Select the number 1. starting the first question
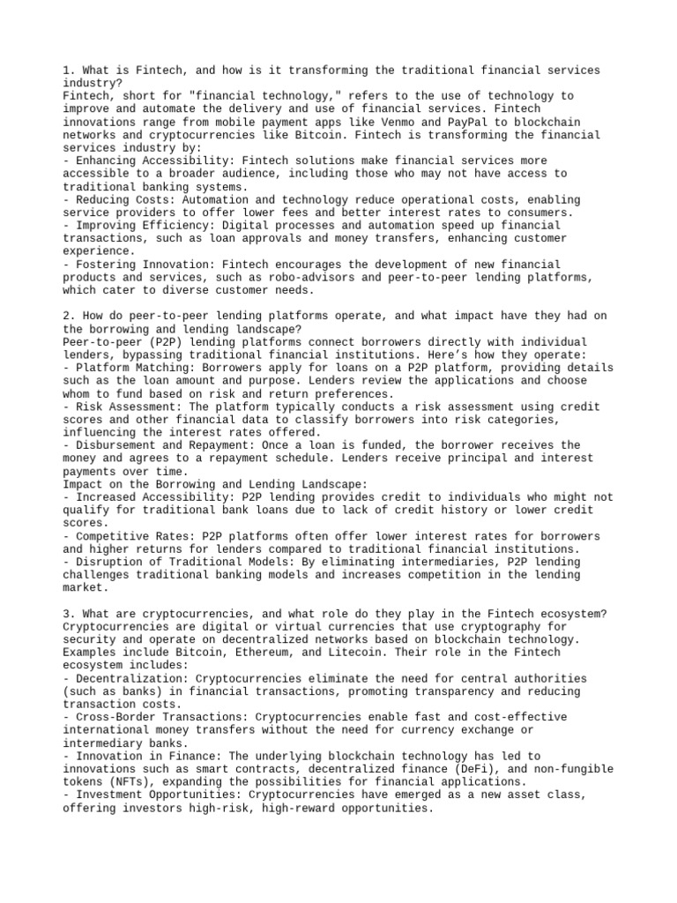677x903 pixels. [70, 70]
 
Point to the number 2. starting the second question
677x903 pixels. [70, 316]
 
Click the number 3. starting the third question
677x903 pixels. [70, 614]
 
